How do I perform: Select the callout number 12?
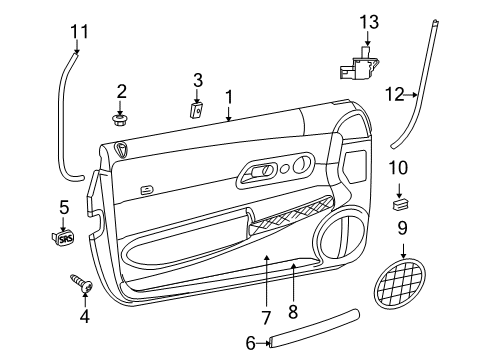(394, 94)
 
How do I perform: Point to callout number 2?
(122, 91)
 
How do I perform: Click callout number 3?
(198, 79)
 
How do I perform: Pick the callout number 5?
(64, 208)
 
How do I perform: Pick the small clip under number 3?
(197, 109)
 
